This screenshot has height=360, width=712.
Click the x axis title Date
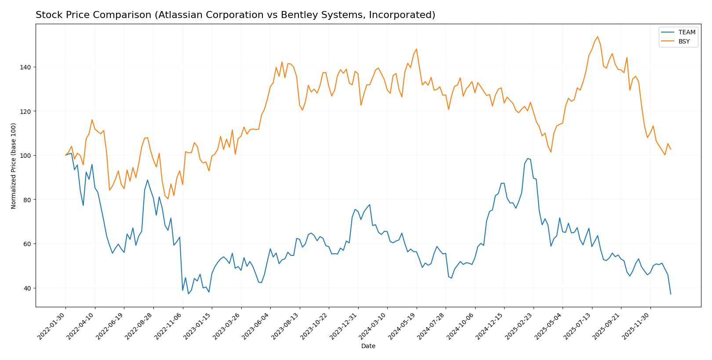368,346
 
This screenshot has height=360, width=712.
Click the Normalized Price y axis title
14,166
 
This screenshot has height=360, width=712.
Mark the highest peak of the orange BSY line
597,36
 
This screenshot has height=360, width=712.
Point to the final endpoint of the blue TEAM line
671,294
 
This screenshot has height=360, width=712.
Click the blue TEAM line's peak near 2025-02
527,159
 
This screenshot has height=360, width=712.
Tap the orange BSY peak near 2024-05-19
416,49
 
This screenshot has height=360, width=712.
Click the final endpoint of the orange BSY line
671,149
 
